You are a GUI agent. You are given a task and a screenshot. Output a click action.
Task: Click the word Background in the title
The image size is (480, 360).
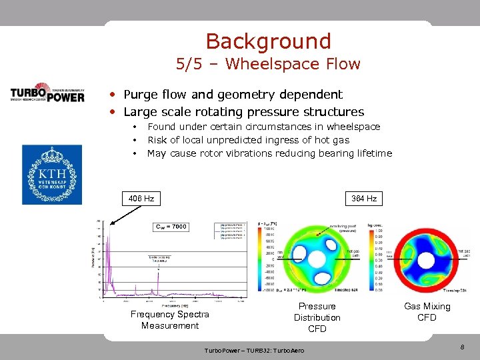(x=268, y=41)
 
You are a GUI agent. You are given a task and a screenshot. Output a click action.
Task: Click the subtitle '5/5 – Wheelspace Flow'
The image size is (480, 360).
(x=268, y=65)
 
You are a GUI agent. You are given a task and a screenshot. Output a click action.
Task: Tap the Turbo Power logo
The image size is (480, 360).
(x=47, y=92)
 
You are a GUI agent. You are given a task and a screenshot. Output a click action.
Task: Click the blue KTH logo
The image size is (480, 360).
(x=52, y=174)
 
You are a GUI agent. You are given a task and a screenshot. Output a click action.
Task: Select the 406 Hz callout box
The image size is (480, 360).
(x=141, y=199)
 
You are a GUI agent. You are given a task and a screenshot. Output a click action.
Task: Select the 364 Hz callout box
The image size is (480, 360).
(x=364, y=199)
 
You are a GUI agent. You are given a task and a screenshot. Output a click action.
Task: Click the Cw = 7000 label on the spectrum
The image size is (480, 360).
(x=171, y=227)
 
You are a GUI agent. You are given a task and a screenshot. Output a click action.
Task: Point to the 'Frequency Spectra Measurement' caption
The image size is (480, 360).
(x=169, y=320)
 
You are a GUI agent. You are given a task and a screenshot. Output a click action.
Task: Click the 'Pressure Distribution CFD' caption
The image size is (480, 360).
(x=317, y=317)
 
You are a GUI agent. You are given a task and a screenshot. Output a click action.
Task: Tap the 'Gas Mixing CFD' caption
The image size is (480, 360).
(x=427, y=312)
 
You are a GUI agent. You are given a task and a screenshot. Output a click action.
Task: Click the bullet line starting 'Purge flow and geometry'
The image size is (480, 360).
(x=232, y=95)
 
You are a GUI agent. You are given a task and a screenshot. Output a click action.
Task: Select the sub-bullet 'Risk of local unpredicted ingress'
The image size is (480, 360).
(x=248, y=140)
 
